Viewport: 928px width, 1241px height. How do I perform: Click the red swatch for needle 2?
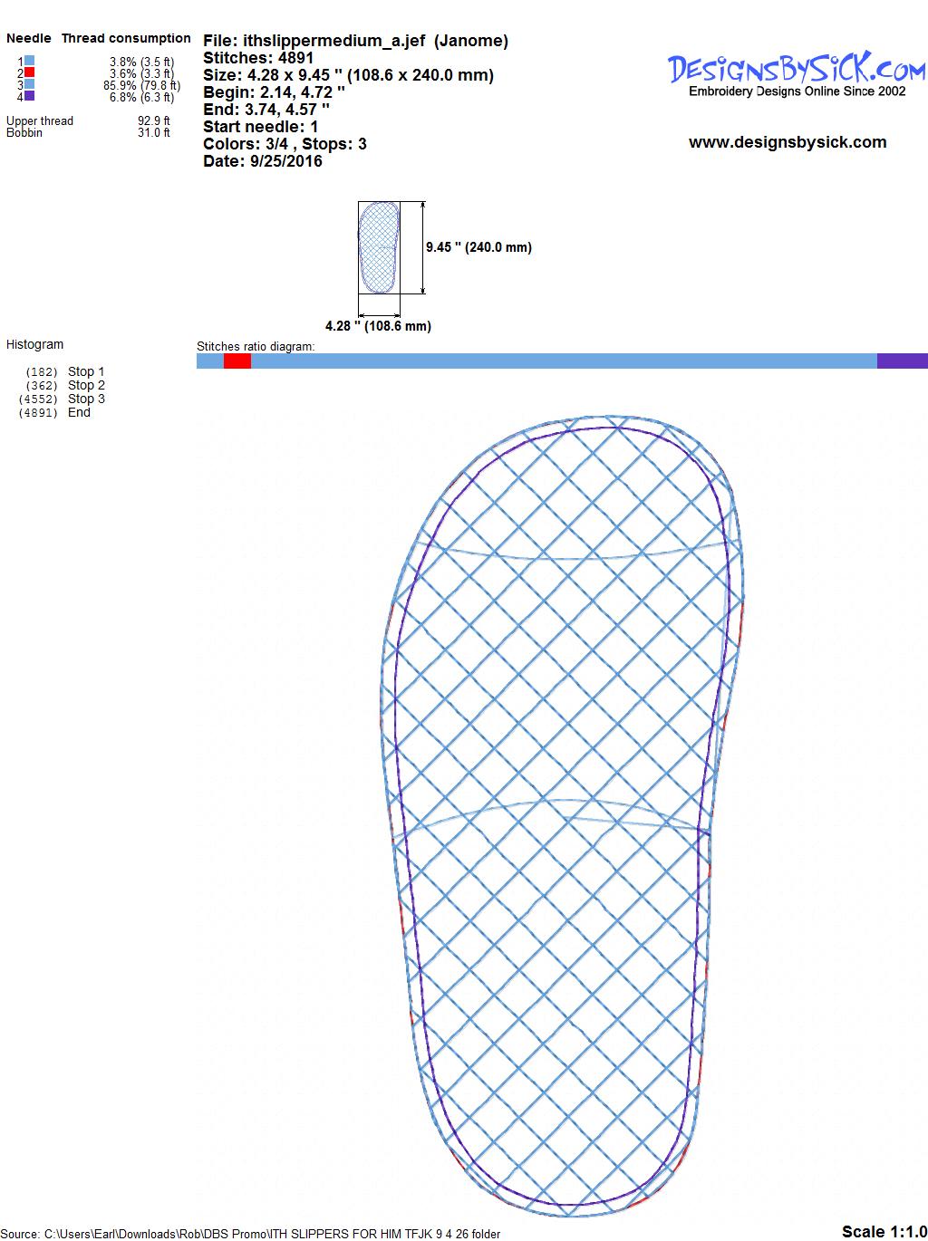(x=29, y=72)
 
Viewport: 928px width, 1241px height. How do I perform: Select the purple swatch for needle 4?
(x=29, y=96)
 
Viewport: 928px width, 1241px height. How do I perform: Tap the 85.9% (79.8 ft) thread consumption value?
(x=142, y=85)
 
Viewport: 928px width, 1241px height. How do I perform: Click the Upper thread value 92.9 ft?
(x=154, y=120)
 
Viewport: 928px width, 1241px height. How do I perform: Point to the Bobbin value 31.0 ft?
(x=154, y=132)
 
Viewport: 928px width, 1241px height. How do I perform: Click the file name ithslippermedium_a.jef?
(x=334, y=41)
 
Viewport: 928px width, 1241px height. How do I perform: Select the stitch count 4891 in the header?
(x=295, y=58)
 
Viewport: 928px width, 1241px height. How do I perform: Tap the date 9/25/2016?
(x=286, y=161)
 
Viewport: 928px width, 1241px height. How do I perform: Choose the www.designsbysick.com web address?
(x=788, y=142)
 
